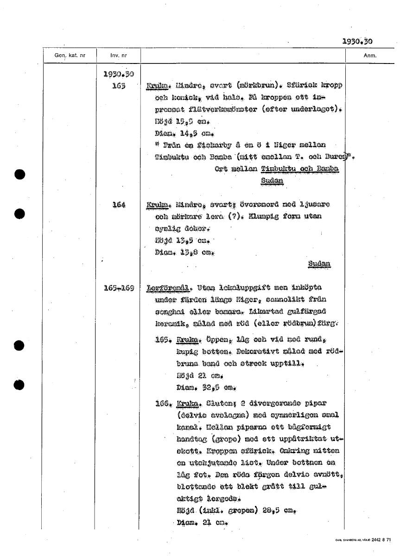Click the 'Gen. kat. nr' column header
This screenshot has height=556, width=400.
pos(70,56)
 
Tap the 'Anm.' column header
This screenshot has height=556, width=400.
pos(370,56)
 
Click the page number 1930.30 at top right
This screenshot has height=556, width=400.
pos(357,41)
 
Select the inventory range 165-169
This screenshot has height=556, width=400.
pos(119,288)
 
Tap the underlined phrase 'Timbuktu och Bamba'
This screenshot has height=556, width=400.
pos(300,169)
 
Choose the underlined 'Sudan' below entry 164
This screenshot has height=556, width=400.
pos(319,264)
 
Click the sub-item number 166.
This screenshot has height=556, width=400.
pos(165,404)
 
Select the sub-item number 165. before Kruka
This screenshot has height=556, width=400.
pos(165,340)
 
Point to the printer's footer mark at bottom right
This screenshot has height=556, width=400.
pos(363,540)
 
